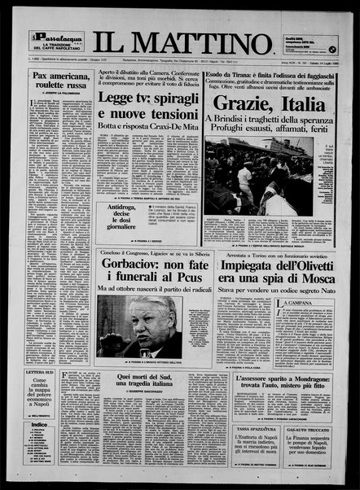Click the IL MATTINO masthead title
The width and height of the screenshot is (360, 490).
pos(181,42)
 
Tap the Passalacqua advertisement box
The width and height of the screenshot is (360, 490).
pos(56,41)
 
